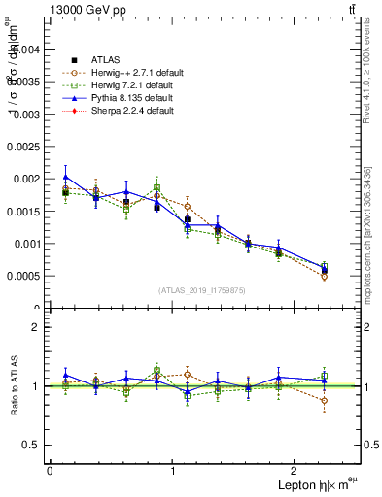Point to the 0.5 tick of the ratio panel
31,445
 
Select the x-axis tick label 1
173,470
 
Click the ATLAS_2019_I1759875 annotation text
202,289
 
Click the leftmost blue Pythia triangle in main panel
65,178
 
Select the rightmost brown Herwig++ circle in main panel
324,277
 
